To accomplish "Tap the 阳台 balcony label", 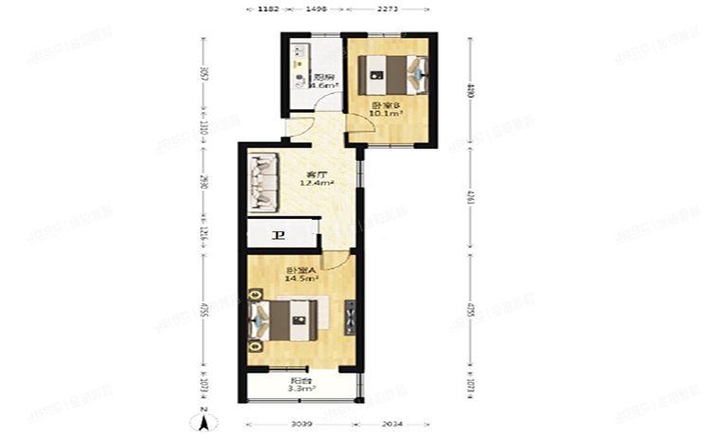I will pyautogui.click(x=301, y=379).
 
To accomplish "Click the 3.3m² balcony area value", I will pyautogui.click(x=301, y=388).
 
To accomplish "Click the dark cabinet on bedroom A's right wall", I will pyautogui.click(x=352, y=318).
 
